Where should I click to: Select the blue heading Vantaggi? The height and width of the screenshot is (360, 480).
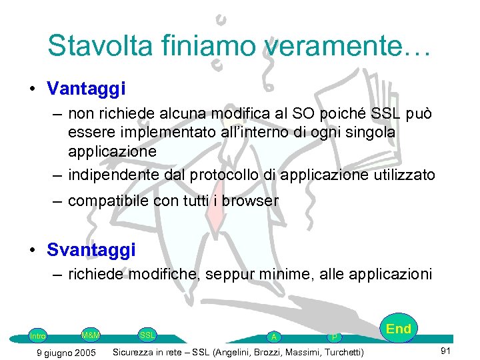87,88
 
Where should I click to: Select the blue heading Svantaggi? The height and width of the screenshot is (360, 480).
91,250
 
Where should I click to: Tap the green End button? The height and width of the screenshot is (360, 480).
399,329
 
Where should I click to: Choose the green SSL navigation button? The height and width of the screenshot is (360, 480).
147,335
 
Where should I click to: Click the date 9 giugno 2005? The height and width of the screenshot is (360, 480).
67,352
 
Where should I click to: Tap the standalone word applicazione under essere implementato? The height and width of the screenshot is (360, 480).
112,151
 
